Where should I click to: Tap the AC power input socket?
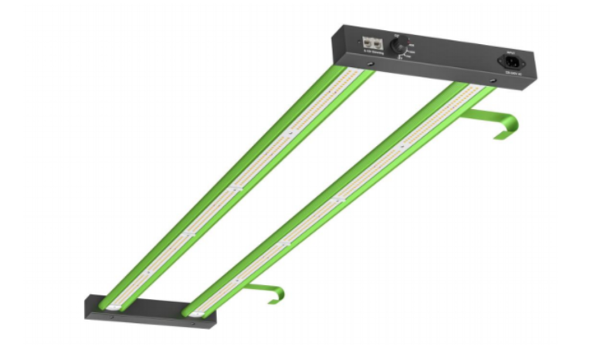(511, 61)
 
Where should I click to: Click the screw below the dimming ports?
(372, 63)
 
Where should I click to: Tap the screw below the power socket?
(493, 80)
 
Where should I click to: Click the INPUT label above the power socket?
(510, 51)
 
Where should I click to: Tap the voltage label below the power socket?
(511, 73)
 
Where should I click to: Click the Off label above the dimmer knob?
(397, 36)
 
